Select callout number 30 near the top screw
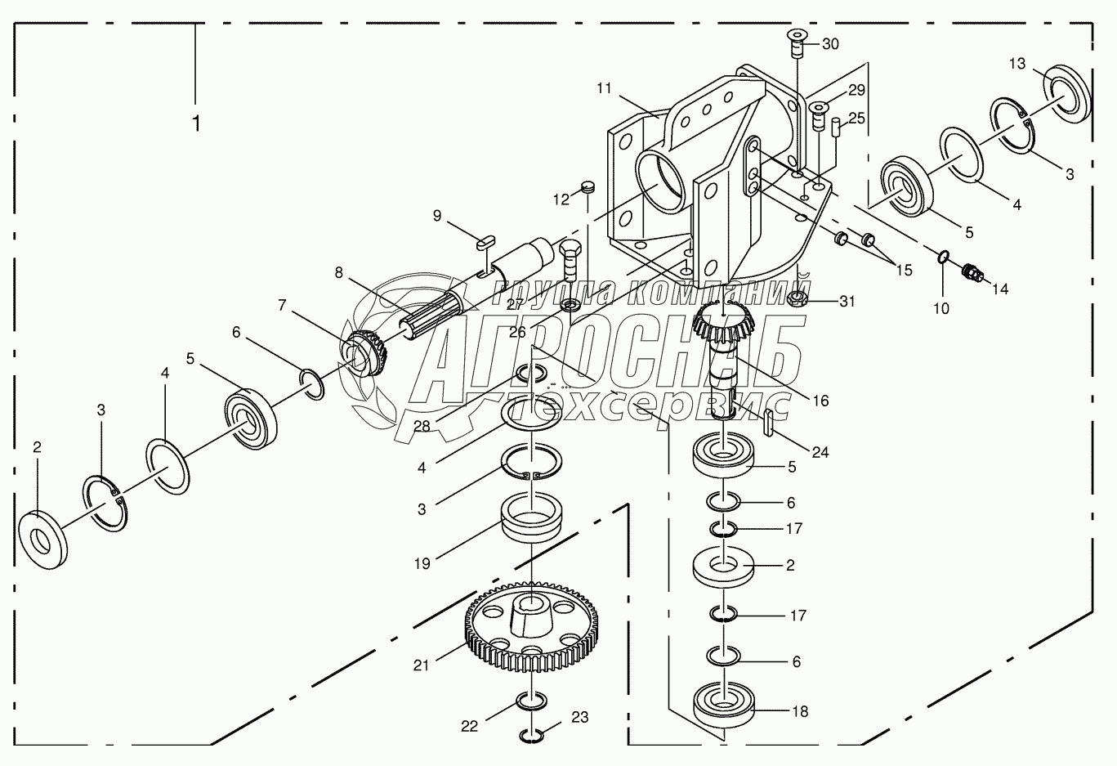[x=830, y=44]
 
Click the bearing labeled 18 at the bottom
[x=724, y=702]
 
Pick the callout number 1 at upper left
[x=196, y=123]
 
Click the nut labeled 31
[x=798, y=299]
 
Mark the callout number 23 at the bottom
[x=579, y=718]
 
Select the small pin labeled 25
[x=836, y=128]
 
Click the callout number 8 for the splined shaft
[x=339, y=273]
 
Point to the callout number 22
[x=469, y=726]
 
